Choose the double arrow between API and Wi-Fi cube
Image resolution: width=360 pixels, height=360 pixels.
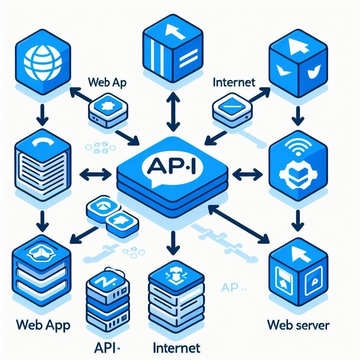pyautogui.click(x=248, y=172)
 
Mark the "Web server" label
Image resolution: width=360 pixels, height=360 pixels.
pyautogui.click(x=298, y=324)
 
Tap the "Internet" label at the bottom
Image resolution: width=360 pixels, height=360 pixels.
pyautogui.click(x=176, y=348)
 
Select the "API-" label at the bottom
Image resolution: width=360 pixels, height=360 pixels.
pyautogui.click(x=108, y=348)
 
